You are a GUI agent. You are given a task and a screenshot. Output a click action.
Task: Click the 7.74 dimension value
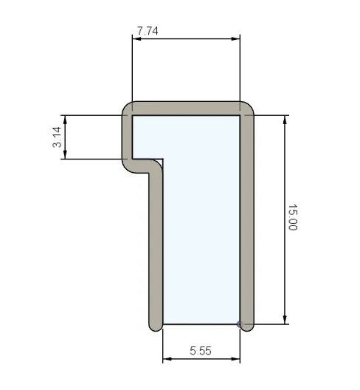(148, 31)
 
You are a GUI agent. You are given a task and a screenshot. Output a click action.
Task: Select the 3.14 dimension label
(57, 137)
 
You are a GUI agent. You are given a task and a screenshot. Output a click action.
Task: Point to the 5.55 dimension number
(200, 352)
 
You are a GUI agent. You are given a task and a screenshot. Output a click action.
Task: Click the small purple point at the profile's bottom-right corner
(239, 324)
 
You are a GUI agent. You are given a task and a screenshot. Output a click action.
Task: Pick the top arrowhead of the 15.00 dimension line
(285, 119)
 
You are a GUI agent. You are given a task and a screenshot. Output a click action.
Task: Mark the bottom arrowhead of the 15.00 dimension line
(285, 320)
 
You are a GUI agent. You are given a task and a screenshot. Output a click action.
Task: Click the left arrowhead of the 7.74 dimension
(136, 39)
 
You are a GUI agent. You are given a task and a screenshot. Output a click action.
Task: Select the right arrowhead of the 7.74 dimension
(236, 39)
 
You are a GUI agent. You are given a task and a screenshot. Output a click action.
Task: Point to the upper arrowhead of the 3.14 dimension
(66, 119)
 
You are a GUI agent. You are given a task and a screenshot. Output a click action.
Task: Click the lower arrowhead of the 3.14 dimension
(66, 154)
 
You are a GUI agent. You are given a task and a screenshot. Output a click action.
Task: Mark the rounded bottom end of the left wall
(156, 326)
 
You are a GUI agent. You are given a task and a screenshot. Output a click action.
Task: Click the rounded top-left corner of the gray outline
(126, 109)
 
